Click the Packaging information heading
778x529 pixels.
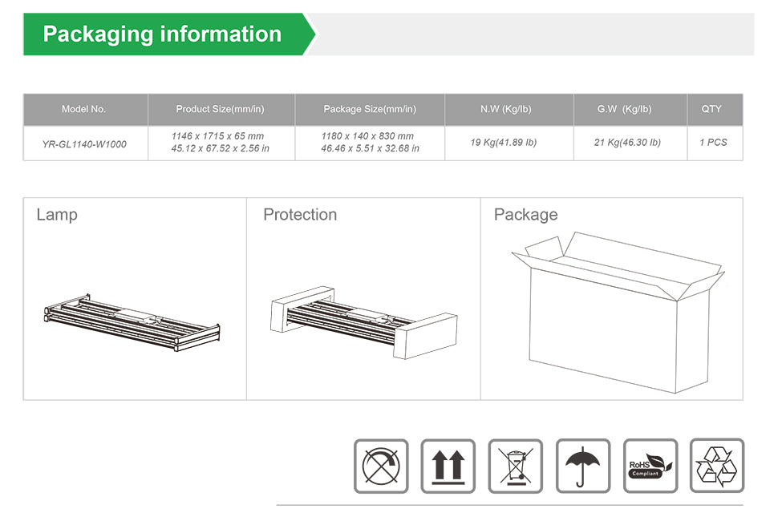click(x=162, y=34)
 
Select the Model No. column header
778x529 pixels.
click(x=84, y=109)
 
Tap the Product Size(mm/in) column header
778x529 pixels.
click(x=221, y=109)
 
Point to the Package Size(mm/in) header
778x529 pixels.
click(x=370, y=109)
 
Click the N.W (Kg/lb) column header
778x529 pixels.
click(x=505, y=109)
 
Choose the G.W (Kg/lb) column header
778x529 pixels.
click(x=624, y=109)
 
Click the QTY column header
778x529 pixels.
click(x=711, y=108)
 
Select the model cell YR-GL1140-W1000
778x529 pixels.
click(x=84, y=144)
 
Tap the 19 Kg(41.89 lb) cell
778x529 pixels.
click(x=504, y=143)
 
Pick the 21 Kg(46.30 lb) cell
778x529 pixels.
click(x=627, y=143)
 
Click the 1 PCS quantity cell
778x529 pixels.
click(x=713, y=143)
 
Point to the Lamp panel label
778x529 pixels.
click(x=57, y=215)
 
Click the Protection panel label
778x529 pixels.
click(x=300, y=215)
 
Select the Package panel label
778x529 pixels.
click(x=526, y=215)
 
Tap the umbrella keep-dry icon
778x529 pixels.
click(x=583, y=466)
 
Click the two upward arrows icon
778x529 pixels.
click(x=448, y=466)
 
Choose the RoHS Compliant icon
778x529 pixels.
click(x=650, y=466)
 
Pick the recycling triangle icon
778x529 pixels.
click(x=717, y=466)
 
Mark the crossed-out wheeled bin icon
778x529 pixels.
click(x=516, y=466)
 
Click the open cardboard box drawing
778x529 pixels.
click(x=618, y=313)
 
